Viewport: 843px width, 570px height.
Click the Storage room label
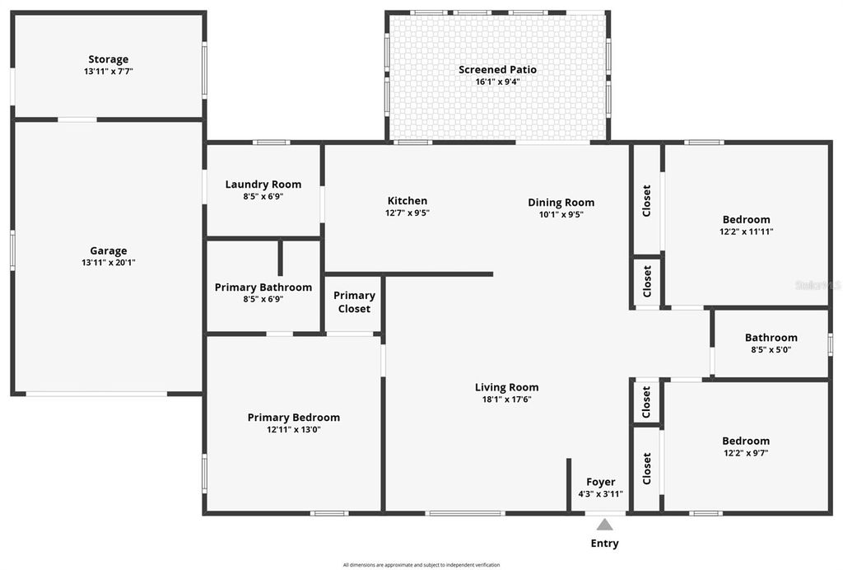point(109,59)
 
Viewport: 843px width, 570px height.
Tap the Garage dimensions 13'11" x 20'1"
point(109,263)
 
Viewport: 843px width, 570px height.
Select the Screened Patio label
point(497,70)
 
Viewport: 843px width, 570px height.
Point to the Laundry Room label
point(263,185)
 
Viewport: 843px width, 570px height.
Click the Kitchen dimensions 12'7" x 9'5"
point(408,213)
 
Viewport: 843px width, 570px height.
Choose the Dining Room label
point(561,203)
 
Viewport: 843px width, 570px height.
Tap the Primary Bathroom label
point(263,287)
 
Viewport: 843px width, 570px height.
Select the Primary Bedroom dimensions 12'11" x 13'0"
point(293,429)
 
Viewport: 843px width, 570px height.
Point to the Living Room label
point(506,387)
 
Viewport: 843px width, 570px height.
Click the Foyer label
point(600,482)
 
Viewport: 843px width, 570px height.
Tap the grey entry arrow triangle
point(605,525)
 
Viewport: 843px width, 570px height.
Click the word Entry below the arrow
point(605,544)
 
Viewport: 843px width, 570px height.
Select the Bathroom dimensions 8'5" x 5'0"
point(771,349)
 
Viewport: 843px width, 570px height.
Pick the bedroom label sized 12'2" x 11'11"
point(746,219)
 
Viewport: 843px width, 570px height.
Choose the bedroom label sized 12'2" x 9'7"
point(746,441)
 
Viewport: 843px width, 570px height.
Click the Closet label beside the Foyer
point(647,469)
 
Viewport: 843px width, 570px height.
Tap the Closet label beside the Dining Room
point(647,200)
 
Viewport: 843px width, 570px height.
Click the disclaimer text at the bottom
point(421,565)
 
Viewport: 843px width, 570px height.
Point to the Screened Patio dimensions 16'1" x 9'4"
point(497,82)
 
